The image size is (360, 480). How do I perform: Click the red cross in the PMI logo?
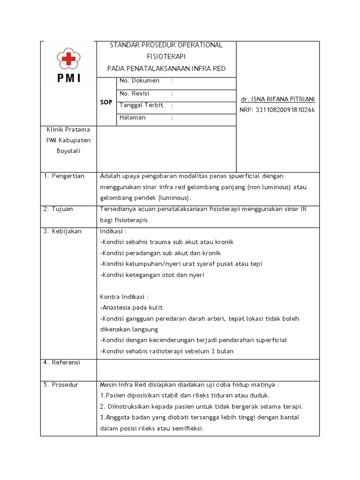point(68,59)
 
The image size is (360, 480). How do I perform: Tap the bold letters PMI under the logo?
point(69,78)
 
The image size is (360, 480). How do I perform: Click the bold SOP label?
point(106,102)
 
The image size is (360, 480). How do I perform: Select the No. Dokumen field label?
point(140,81)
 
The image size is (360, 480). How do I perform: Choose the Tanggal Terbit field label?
point(141,105)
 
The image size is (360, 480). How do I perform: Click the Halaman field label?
point(133,118)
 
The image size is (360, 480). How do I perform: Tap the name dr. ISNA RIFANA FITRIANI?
point(277,99)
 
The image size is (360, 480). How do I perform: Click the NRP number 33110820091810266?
point(277,110)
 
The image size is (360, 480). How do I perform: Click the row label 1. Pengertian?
point(64,176)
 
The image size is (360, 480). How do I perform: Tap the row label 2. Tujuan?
point(59,209)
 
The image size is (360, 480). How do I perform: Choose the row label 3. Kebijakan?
point(63,232)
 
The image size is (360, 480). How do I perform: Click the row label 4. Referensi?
point(62,362)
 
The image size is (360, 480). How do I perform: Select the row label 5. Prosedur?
point(61,385)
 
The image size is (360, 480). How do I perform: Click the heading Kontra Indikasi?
point(124,297)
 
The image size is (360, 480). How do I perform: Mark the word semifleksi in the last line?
point(186,428)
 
